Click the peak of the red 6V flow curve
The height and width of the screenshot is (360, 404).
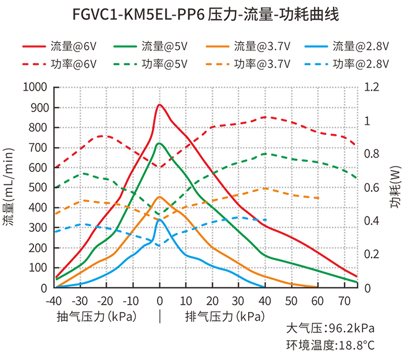[159, 105]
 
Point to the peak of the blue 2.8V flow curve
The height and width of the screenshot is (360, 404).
[159, 219]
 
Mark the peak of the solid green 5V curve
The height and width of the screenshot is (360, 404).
[159, 143]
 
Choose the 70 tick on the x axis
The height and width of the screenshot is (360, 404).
[344, 300]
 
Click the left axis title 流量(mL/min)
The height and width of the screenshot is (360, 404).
[10, 187]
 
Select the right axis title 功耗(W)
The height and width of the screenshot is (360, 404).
[395, 188]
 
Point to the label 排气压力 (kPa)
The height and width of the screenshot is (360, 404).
[225, 317]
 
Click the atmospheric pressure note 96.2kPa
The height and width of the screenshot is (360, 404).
[331, 329]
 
